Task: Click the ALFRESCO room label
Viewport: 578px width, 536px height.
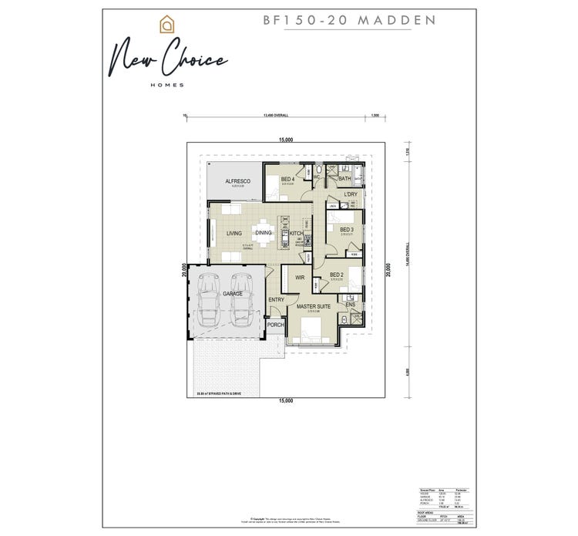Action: (234, 181)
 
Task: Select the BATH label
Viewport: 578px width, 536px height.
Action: (344, 179)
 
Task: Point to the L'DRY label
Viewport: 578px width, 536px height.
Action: (351, 194)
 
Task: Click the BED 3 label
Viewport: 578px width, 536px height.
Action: (347, 230)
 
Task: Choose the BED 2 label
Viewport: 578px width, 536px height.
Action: (337, 275)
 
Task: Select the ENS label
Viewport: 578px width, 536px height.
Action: (351, 304)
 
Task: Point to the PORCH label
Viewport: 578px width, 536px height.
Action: (275, 325)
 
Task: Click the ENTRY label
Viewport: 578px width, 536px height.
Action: (276, 299)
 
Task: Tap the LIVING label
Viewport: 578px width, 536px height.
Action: (234, 233)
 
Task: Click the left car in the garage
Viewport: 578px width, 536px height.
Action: (207, 299)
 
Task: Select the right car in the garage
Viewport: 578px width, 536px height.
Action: (240, 299)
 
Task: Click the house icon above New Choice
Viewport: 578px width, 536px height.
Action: (164, 25)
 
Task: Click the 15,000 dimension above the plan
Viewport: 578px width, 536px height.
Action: (286, 140)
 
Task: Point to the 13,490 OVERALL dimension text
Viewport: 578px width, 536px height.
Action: (275, 116)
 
